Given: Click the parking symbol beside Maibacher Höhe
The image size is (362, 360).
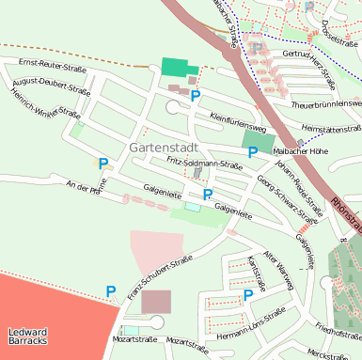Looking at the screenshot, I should (x=252, y=152).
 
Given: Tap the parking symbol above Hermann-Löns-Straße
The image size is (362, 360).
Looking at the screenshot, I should (x=248, y=294).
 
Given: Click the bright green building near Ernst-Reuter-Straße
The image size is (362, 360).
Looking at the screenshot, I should (x=175, y=68).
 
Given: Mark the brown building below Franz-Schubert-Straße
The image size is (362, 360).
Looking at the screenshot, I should (x=157, y=302).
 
